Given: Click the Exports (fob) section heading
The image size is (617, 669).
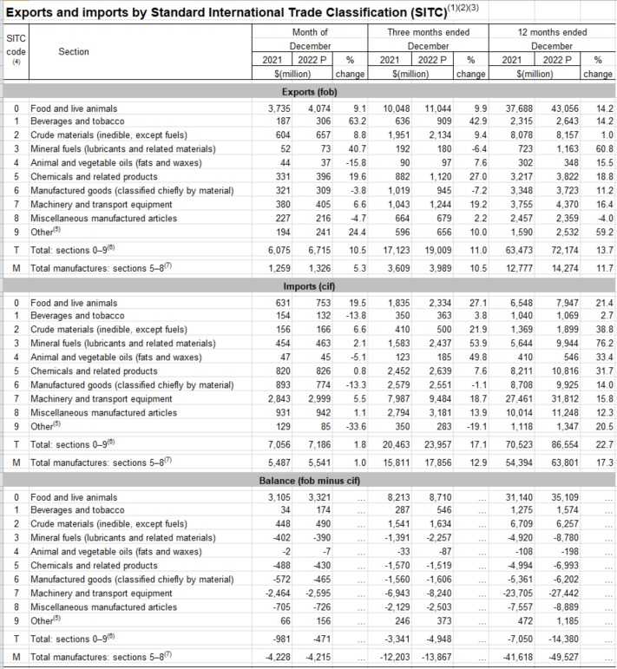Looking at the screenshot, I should coord(309,91).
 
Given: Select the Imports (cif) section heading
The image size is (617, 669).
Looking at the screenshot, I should coord(309,285).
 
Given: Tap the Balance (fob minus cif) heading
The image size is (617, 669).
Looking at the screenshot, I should coord(309,480).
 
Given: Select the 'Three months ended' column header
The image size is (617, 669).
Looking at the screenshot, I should coord(428,32).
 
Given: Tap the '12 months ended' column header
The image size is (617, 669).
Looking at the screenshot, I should coord(551,32).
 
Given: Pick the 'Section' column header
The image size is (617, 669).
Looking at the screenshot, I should coord(74,51).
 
